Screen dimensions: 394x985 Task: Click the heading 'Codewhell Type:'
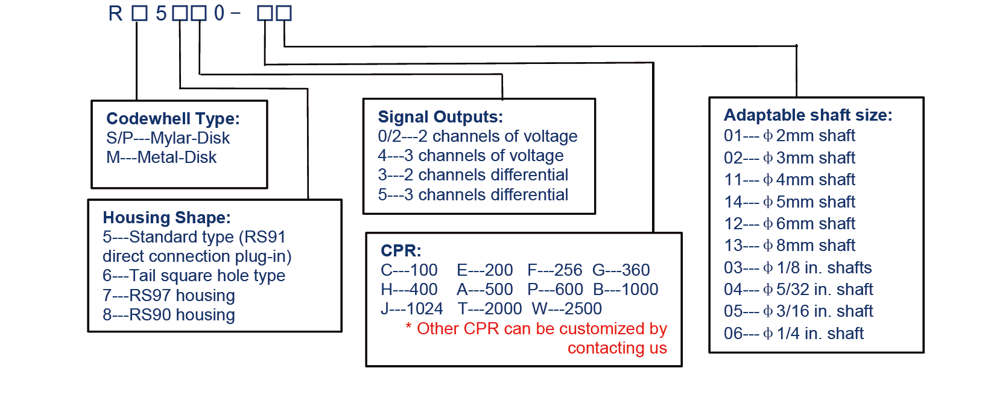(x=173, y=118)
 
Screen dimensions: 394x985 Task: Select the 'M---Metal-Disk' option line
(x=161, y=157)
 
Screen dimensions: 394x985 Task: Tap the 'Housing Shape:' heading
(x=166, y=217)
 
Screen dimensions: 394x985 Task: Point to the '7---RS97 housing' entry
(x=168, y=296)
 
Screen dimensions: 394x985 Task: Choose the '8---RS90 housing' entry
(x=168, y=315)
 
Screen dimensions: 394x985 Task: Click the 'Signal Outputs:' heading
(x=440, y=117)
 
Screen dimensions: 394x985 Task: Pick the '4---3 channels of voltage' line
(x=470, y=156)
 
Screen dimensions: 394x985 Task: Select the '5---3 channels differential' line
(x=473, y=195)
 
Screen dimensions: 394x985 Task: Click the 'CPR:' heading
(x=401, y=250)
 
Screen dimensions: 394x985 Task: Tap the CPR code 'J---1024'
(x=411, y=309)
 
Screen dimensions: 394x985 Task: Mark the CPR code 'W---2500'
(x=566, y=309)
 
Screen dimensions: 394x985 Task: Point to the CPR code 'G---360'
(x=621, y=270)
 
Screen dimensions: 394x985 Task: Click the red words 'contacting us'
(x=617, y=348)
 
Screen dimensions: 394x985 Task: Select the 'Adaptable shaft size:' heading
(x=808, y=115)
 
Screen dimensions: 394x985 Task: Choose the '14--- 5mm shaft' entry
(x=790, y=202)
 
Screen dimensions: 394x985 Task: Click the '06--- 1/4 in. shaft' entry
(x=794, y=333)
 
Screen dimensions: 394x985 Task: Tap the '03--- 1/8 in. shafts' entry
(x=797, y=267)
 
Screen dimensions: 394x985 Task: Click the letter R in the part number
(x=115, y=13)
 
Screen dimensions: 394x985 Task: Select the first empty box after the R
(x=139, y=13)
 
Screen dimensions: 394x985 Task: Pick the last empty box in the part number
(x=283, y=13)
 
